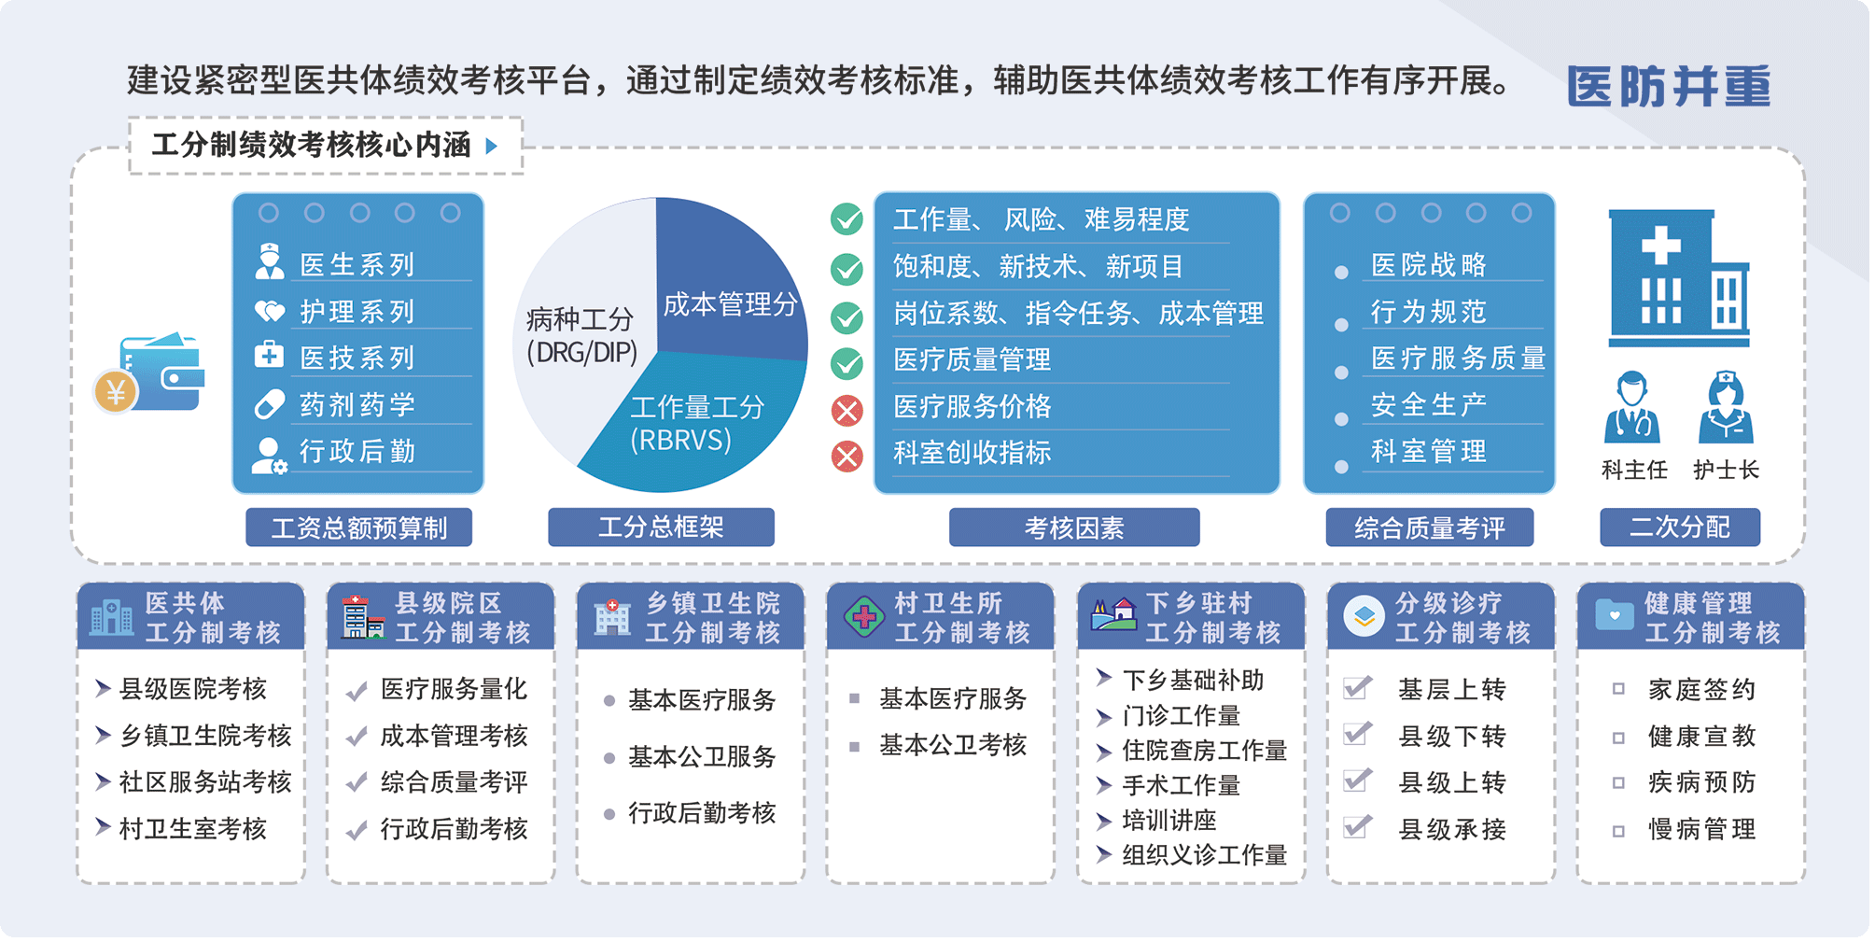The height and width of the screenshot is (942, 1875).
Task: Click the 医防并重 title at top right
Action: pyautogui.click(x=1668, y=85)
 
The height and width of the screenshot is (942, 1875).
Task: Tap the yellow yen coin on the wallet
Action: pyautogui.click(x=116, y=392)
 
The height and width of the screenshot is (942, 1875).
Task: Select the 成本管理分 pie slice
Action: pyautogui.click(x=728, y=289)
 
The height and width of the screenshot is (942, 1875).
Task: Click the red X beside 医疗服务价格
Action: pyautogui.click(x=847, y=410)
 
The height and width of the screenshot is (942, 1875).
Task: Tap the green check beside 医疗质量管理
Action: pyautogui.click(x=847, y=363)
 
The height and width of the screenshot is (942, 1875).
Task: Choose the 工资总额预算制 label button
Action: pyautogui.click(x=358, y=527)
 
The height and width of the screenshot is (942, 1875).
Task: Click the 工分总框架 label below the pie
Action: pyautogui.click(x=661, y=527)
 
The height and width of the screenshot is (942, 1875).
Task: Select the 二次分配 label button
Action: pyautogui.click(x=1680, y=527)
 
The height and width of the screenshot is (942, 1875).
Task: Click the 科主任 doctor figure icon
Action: pyautogui.click(x=1632, y=407)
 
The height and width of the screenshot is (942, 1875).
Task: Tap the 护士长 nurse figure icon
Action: pyautogui.click(x=1726, y=407)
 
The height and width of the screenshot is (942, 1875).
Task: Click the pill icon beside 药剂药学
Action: pyautogui.click(x=269, y=404)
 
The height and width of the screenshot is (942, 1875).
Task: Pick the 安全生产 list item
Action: pyautogui.click(x=1428, y=405)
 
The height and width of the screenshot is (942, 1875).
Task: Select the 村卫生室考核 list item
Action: pyautogui.click(x=192, y=829)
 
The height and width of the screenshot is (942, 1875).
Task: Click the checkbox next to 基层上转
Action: pyautogui.click(x=1357, y=689)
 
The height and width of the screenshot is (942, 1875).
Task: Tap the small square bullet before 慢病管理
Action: pyautogui.click(x=1618, y=830)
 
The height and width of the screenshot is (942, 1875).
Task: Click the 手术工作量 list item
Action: pyautogui.click(x=1181, y=786)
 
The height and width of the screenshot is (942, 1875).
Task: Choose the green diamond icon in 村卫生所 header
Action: pyautogui.click(x=864, y=617)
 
